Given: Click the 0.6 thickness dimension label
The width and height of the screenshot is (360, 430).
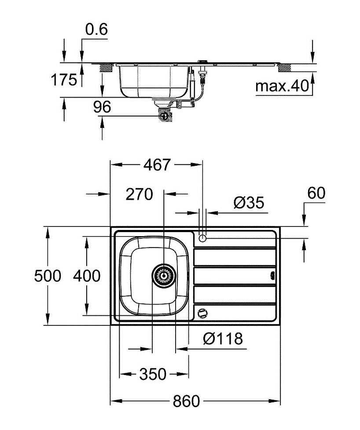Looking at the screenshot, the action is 96,29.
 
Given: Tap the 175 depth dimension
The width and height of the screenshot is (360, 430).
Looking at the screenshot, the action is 64,80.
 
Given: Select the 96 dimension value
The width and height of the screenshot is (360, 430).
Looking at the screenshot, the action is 102,107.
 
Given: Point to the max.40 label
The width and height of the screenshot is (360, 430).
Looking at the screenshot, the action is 282,86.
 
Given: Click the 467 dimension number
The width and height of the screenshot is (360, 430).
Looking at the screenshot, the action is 157,165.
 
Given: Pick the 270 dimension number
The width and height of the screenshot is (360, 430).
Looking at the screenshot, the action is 139,194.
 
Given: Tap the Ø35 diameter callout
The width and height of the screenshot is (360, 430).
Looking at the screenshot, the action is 249,203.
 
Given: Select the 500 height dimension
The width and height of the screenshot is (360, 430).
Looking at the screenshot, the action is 48,276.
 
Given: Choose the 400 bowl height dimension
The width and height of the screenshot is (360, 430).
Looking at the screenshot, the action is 87,276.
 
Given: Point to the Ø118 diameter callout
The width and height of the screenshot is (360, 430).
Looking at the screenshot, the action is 223,339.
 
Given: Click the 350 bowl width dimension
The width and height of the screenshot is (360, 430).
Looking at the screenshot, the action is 153,374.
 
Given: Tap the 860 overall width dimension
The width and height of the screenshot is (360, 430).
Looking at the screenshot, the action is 186,401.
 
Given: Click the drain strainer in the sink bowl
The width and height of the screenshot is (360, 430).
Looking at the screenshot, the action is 164,276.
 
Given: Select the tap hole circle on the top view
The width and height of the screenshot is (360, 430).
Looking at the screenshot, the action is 202,238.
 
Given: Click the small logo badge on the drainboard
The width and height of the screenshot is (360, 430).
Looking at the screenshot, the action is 272,275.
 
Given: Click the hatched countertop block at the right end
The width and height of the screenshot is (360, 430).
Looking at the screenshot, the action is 285,68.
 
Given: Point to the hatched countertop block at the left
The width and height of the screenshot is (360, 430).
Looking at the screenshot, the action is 106,68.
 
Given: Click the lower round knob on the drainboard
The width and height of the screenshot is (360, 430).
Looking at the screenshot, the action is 202,313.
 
